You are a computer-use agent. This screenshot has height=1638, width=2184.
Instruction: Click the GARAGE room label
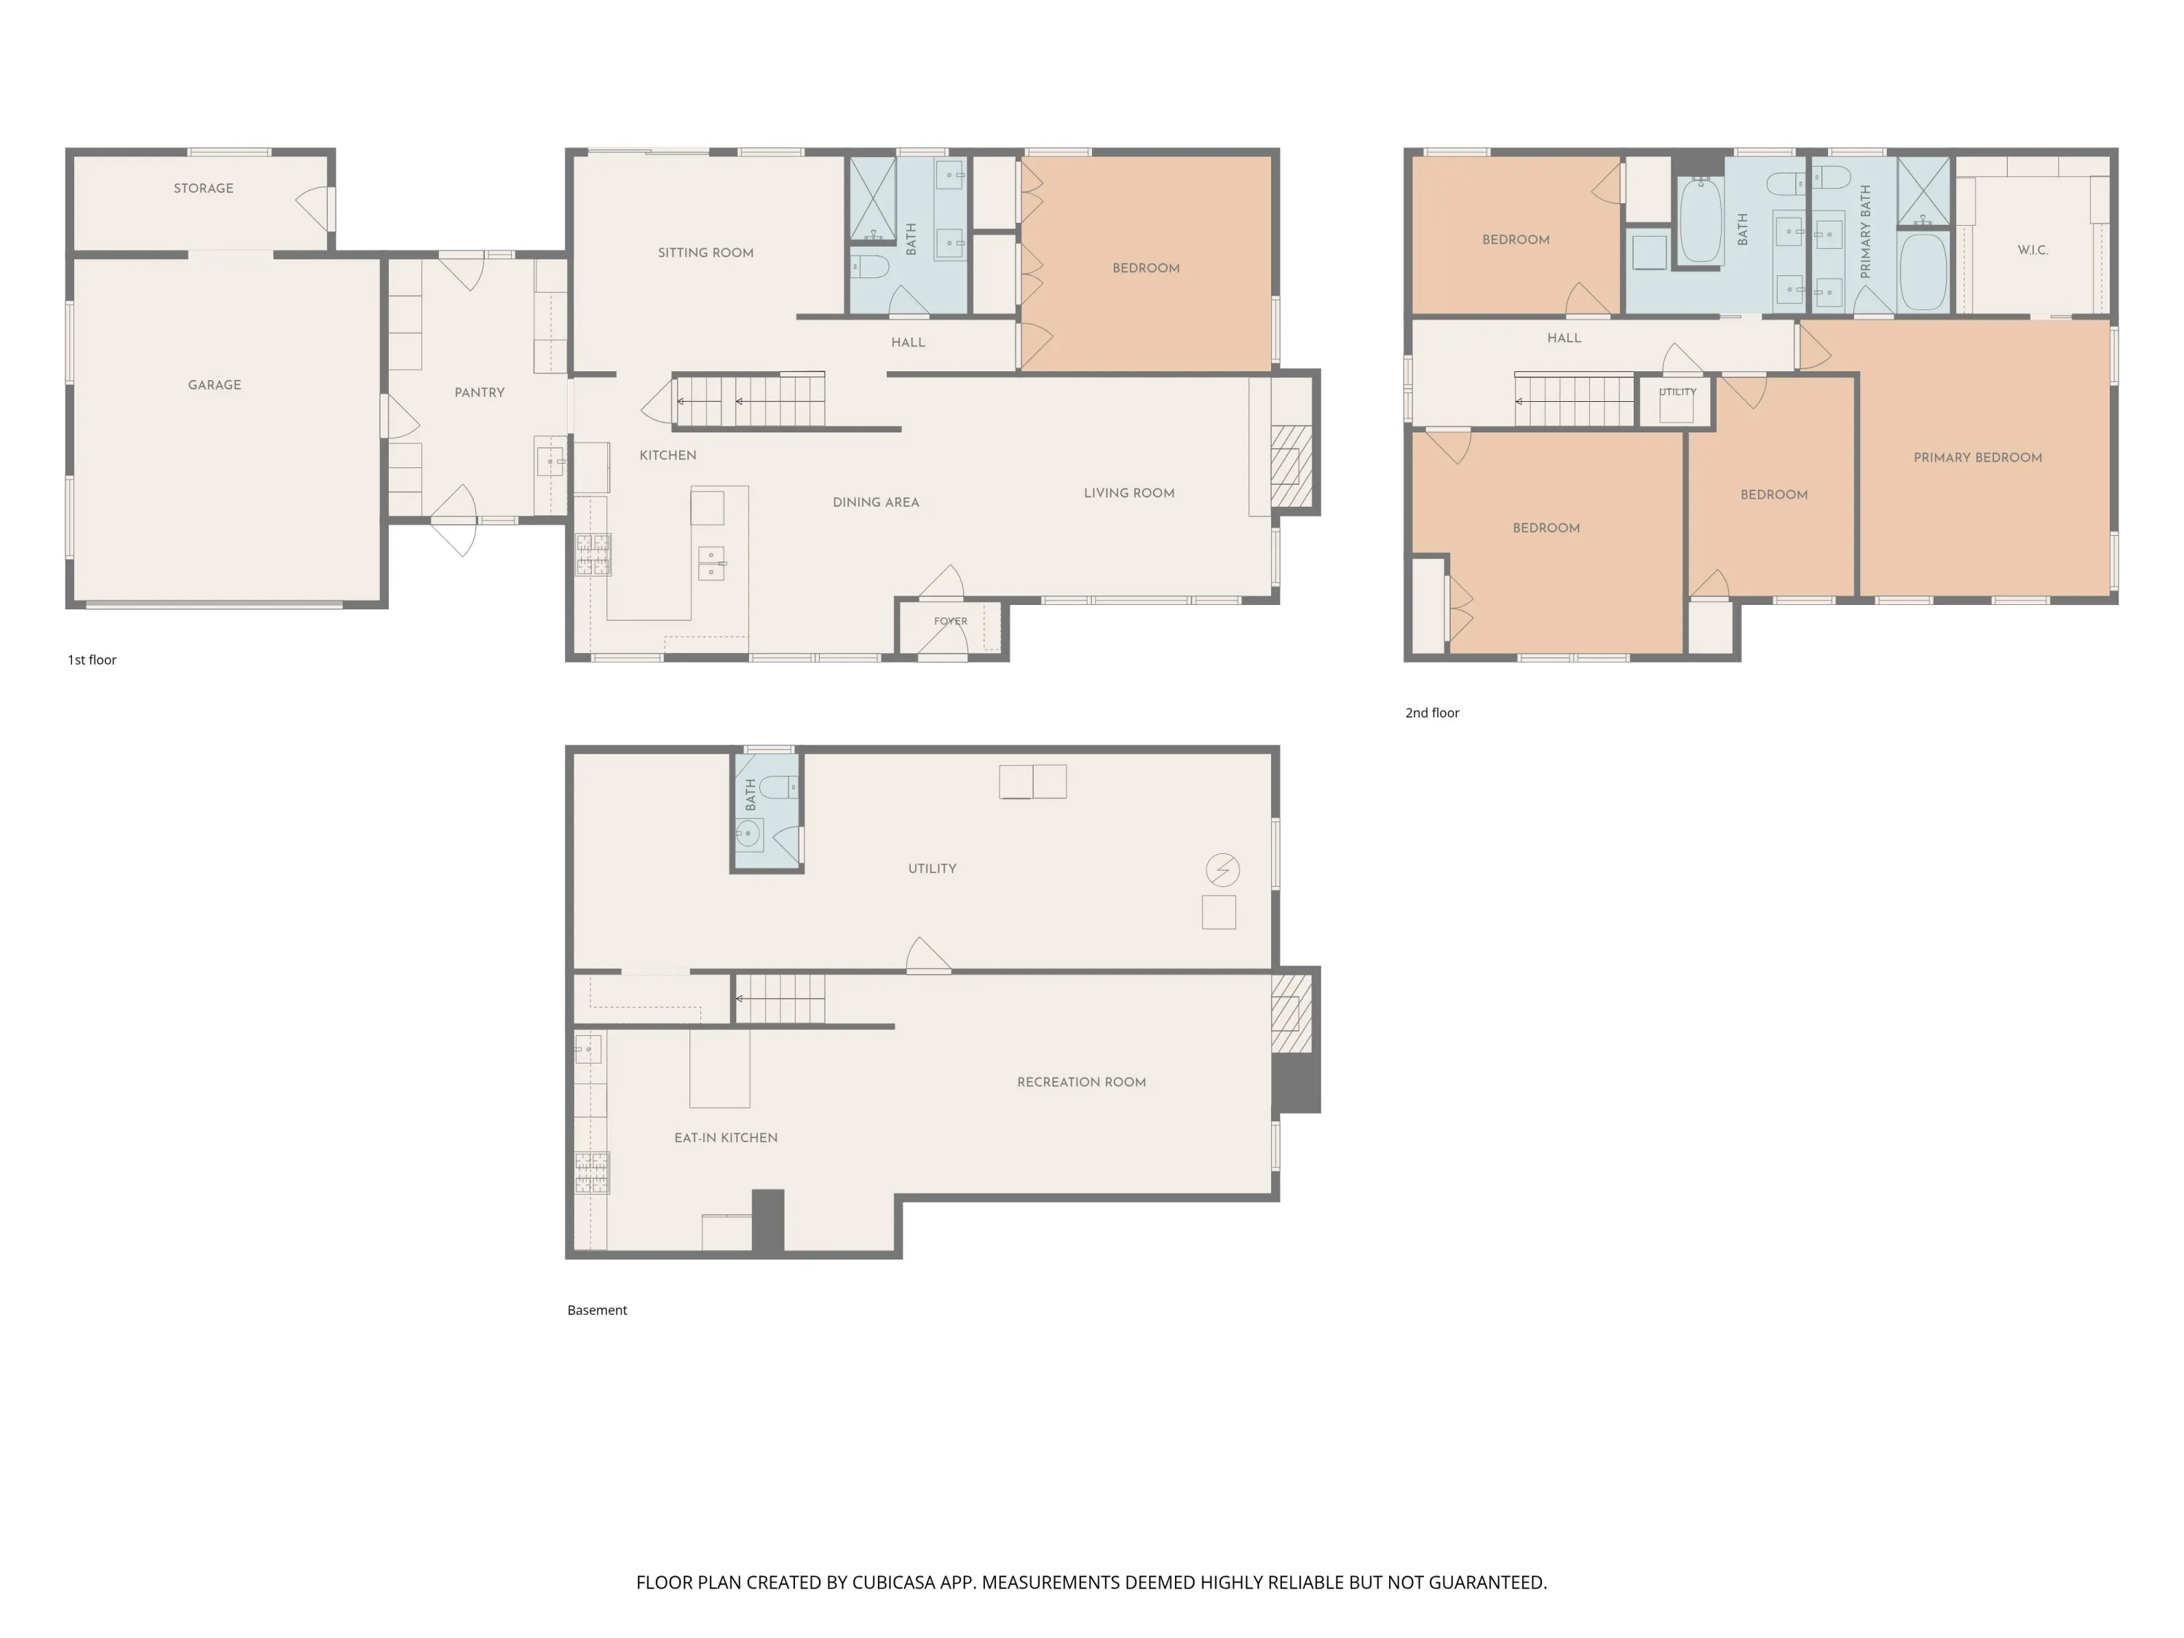tap(214, 385)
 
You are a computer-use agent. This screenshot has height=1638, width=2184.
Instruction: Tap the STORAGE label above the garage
tap(203, 189)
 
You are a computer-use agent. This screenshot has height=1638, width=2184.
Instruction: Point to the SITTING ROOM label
tap(706, 253)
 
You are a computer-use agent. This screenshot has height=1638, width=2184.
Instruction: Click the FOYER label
tap(951, 621)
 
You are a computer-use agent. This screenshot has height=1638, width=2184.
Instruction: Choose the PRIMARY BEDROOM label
tap(1978, 458)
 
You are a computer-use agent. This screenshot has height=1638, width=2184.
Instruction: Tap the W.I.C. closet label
tap(2033, 250)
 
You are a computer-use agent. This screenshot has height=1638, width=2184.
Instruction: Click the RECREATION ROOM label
tap(1081, 1082)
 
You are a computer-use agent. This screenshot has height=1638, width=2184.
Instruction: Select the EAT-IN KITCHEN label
tap(726, 1137)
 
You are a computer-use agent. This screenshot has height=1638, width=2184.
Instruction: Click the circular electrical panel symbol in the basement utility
tap(1223, 870)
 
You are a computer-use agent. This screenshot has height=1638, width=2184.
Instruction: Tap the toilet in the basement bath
tap(778, 787)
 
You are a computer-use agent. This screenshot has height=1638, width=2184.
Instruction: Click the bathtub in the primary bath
tap(1923, 272)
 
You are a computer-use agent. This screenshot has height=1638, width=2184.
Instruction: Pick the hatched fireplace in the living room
tap(1291, 466)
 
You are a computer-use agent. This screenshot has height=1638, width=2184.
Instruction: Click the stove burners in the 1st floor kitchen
tap(593, 555)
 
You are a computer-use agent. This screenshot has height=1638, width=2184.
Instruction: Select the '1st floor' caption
tap(92, 660)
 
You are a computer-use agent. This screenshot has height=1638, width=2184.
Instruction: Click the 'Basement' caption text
tap(598, 1310)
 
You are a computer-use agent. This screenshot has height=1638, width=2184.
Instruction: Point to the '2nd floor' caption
tap(1432, 713)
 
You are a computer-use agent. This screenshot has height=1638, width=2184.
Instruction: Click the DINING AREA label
tap(876, 502)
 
